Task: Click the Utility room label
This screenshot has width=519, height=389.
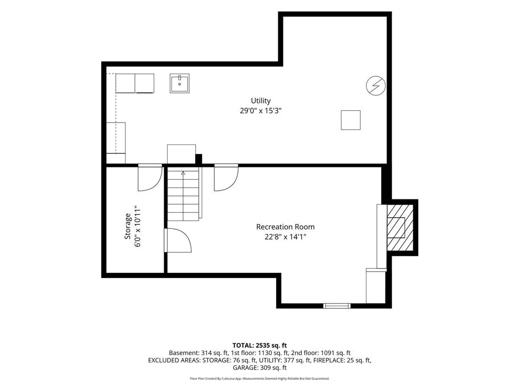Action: click(x=261, y=100)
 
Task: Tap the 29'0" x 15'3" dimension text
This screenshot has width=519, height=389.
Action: click(x=261, y=111)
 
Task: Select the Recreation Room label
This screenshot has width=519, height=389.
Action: click(x=285, y=227)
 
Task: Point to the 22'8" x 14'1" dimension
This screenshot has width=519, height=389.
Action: click(x=285, y=237)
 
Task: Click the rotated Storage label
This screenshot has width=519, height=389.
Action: click(x=128, y=226)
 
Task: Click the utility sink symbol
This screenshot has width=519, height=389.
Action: click(x=179, y=83)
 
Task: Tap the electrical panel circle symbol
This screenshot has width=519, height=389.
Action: click(x=376, y=85)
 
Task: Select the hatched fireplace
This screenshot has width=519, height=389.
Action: click(x=400, y=227)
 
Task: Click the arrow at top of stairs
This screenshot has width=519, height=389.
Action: click(x=183, y=173)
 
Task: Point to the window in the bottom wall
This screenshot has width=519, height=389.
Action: click(x=337, y=306)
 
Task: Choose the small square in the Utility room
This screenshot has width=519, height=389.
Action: click(x=351, y=120)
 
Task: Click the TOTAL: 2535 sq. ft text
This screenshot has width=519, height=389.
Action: click(x=259, y=345)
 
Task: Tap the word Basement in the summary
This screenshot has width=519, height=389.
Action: click(x=184, y=353)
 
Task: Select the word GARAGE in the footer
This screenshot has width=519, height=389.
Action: click(x=245, y=367)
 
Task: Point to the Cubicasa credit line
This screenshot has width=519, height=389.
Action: click(x=259, y=379)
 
